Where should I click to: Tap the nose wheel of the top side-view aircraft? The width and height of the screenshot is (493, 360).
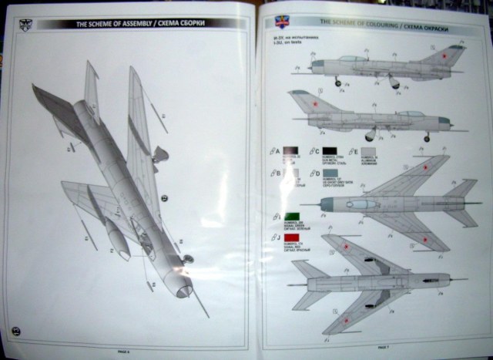pyautogui.click(x=337, y=82)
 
